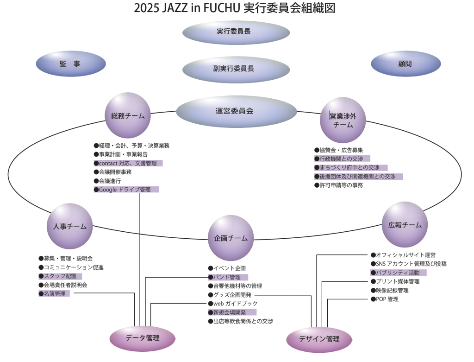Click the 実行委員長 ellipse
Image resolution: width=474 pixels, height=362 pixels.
click(x=236, y=32)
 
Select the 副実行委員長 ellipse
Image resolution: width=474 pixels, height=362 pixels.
click(x=236, y=69)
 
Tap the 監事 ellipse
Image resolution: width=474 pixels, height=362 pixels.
click(x=70, y=64)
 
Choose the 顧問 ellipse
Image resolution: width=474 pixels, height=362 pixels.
click(x=405, y=64)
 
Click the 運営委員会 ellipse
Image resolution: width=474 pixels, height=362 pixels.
click(x=236, y=111)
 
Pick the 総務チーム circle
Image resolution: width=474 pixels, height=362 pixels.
click(x=128, y=116)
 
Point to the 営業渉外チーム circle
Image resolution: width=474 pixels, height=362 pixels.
click(x=343, y=120)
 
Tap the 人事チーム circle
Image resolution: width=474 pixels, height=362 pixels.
click(x=69, y=227)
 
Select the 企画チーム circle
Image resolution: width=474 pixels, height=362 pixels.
click(x=231, y=238)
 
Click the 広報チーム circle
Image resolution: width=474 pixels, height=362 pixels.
click(x=405, y=225)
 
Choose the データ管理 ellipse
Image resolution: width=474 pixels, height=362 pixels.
click(x=142, y=338)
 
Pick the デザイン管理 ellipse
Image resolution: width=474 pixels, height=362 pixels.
click(x=319, y=339)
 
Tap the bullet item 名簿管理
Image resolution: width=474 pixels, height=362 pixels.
click(x=55, y=294)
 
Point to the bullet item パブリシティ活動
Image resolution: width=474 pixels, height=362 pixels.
click(x=398, y=273)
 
